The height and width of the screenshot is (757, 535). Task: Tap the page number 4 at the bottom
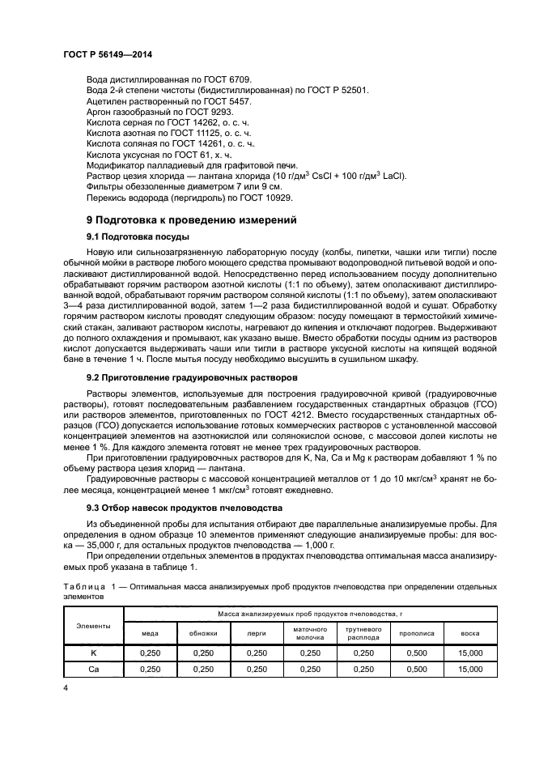pyautogui.click(x=66, y=687)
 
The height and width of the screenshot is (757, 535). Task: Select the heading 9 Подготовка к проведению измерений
pyautogui.click(x=193, y=219)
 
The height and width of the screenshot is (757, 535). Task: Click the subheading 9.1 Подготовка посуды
pyautogui.click(x=138, y=236)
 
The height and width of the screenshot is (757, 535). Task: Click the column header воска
pyautogui.click(x=469, y=634)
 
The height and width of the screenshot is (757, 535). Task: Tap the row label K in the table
pyautogui.click(x=93, y=653)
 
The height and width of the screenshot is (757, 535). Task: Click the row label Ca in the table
pyautogui.click(x=93, y=670)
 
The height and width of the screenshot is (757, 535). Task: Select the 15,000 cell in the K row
pyautogui.click(x=469, y=653)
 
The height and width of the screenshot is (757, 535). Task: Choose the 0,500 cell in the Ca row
pyautogui.click(x=417, y=670)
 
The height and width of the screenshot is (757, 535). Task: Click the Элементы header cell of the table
pyautogui.click(x=93, y=625)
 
